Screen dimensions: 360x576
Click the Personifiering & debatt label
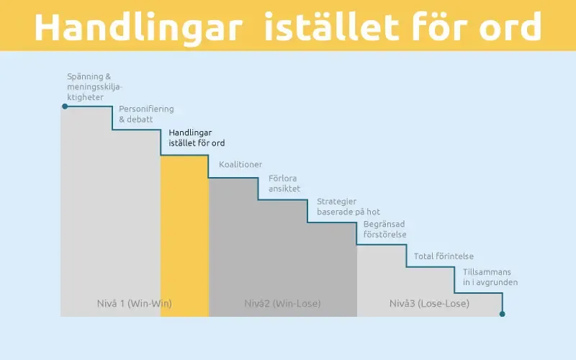click(x=146, y=114)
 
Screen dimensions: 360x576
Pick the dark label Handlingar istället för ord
click(x=196, y=138)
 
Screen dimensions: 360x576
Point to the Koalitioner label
click(x=240, y=164)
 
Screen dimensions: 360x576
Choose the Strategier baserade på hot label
click(x=348, y=206)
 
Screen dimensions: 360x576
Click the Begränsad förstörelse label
click(x=385, y=229)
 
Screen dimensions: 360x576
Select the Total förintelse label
click(x=444, y=256)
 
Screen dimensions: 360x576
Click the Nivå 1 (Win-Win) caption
click(x=134, y=303)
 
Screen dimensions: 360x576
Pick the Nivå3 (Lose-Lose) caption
click(x=429, y=303)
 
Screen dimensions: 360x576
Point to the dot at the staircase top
click(x=65, y=107)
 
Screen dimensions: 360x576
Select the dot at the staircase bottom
click(x=503, y=314)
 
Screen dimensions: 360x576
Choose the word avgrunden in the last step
click(x=497, y=282)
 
